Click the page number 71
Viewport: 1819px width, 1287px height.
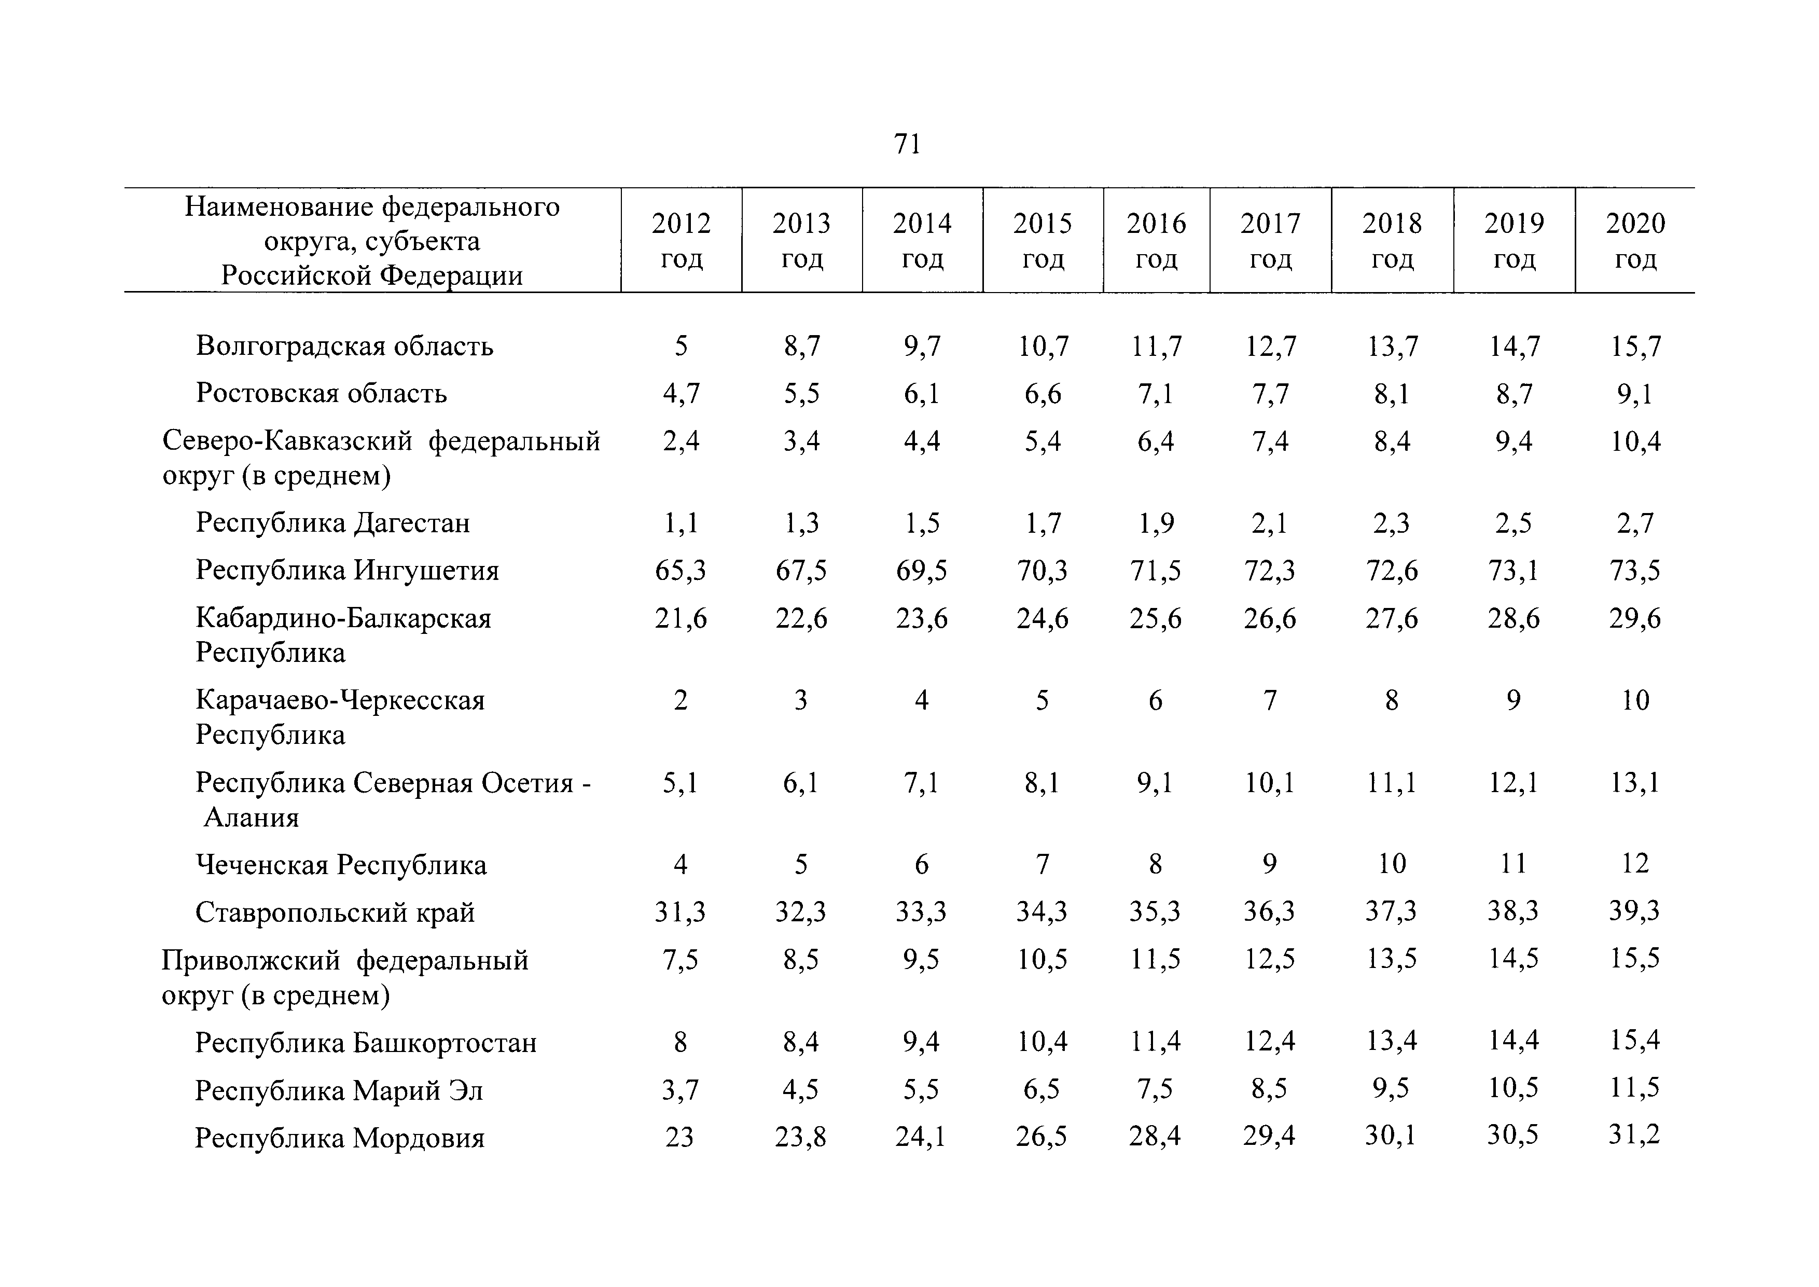pos(907,144)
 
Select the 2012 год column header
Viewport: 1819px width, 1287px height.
pos(682,241)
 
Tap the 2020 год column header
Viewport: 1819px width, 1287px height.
pos(1635,241)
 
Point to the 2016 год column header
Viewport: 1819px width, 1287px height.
pos(1156,241)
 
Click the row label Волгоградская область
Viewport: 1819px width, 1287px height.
pos(344,347)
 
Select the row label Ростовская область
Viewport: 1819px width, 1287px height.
pos(322,393)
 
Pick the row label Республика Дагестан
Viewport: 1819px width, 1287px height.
pos(333,523)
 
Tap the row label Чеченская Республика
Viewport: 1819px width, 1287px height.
pos(341,865)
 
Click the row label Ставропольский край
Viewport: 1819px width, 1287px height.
pos(335,912)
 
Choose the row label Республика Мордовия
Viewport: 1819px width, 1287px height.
pos(340,1138)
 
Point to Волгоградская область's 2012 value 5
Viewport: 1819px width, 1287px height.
pos(681,347)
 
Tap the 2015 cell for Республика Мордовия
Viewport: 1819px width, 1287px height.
pos(1042,1137)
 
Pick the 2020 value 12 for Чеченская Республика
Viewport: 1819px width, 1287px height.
pos(1635,863)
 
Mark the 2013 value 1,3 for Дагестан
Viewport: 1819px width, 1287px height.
pos(801,523)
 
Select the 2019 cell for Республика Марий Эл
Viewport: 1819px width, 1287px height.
pos(1513,1089)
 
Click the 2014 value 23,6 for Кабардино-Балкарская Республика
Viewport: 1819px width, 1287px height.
pos(921,618)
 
